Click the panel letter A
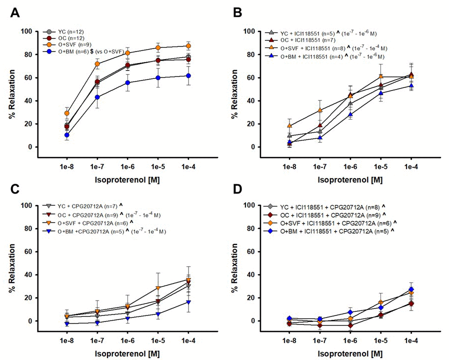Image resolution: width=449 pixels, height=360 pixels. (15, 13)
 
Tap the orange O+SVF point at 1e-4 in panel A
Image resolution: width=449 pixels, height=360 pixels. (188, 46)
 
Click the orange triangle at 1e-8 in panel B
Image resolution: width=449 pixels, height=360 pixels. (289, 126)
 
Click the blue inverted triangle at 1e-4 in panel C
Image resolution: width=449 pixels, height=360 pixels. (188, 302)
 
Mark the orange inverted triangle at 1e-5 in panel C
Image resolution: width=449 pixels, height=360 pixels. (158, 288)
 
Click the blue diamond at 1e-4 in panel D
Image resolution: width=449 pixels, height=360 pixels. (411, 289)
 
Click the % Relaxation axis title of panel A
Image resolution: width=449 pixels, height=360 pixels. (11, 89)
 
